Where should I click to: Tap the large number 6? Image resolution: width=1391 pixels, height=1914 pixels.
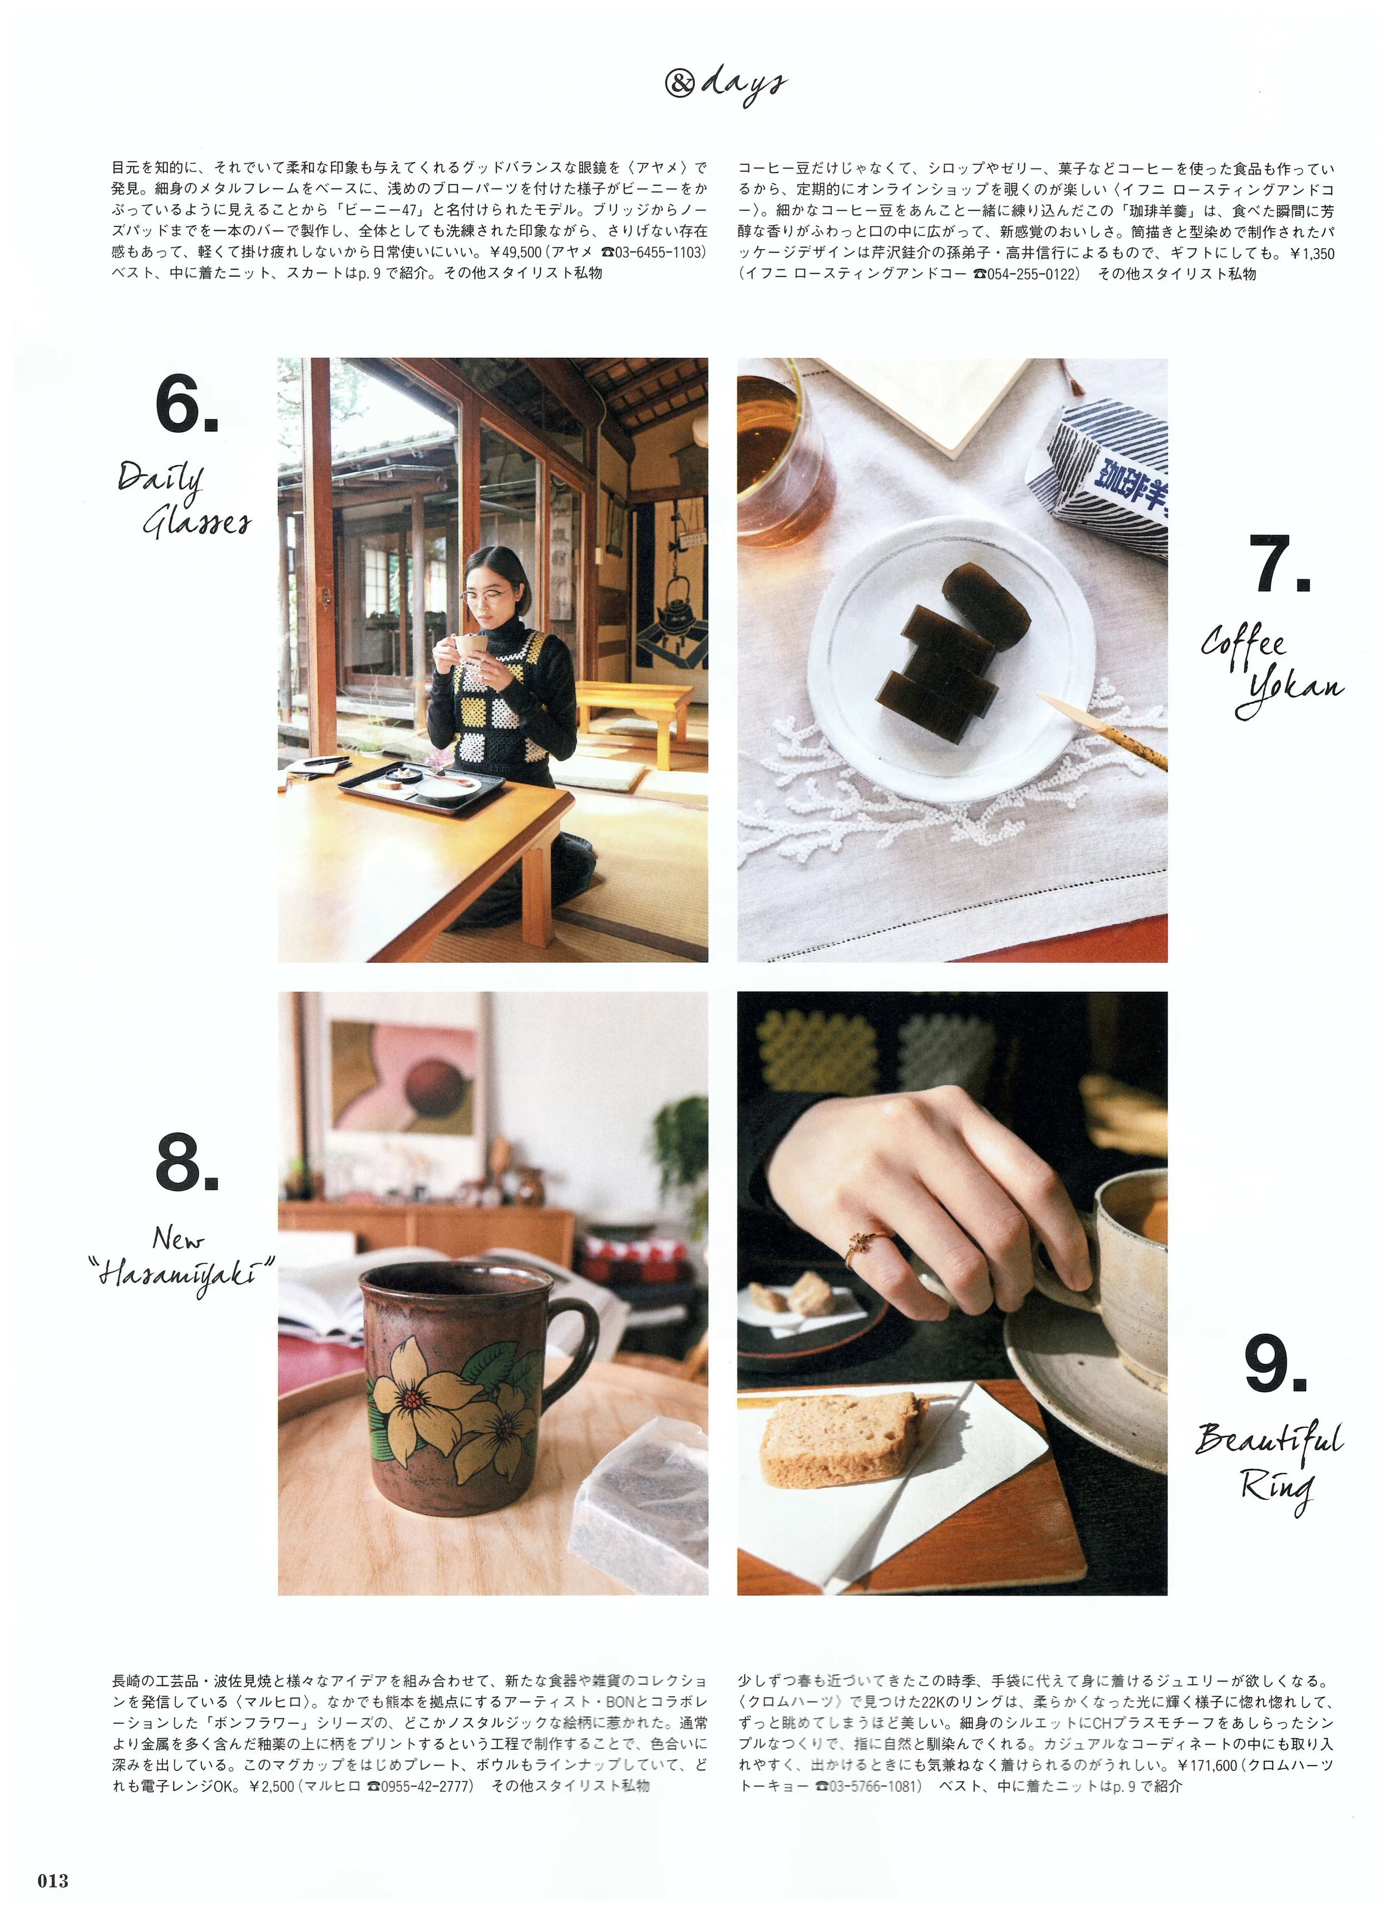point(186,404)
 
